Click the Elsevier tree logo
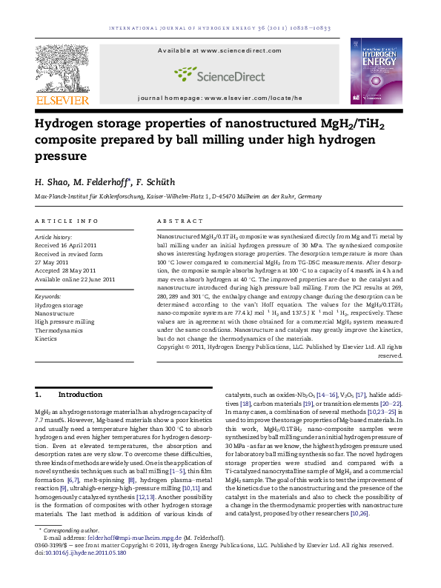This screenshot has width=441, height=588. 62,67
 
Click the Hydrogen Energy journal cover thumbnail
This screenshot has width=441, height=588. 376,71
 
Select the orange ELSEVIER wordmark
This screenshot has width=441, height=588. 62,100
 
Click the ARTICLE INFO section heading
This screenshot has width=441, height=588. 67,221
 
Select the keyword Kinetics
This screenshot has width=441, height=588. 46,338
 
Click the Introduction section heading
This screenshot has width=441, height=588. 81,394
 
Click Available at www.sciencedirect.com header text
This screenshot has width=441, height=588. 219,50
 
